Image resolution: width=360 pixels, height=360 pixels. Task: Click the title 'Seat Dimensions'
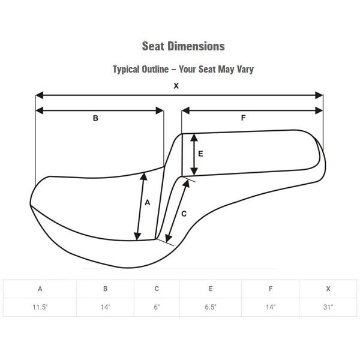click(x=183, y=46)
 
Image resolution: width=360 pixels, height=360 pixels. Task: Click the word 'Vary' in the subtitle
click(x=245, y=70)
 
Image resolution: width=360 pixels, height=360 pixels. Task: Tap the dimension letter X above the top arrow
click(x=176, y=86)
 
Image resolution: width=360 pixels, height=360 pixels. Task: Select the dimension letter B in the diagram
click(x=95, y=118)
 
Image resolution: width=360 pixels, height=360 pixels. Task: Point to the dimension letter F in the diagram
click(x=243, y=118)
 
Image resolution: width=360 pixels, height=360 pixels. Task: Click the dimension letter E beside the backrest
click(x=200, y=154)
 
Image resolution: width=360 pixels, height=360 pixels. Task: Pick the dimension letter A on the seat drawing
click(x=148, y=202)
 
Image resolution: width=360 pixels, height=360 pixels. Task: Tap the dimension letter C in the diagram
click(x=184, y=214)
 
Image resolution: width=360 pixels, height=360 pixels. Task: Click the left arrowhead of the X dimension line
click(x=40, y=95)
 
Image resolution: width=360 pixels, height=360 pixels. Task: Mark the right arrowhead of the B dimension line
click(x=160, y=110)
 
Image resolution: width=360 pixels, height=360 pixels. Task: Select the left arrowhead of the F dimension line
click(x=185, y=110)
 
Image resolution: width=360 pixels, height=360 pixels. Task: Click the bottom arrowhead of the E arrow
click(x=194, y=171)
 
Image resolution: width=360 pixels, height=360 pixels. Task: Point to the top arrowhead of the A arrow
click(x=144, y=176)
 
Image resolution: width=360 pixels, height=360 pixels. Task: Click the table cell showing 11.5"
click(x=40, y=307)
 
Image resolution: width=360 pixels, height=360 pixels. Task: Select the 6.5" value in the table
click(x=211, y=307)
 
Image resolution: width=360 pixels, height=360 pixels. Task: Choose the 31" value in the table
click(x=328, y=307)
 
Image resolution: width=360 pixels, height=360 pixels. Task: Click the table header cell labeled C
click(x=157, y=289)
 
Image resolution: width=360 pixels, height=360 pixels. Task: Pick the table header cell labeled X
click(x=328, y=289)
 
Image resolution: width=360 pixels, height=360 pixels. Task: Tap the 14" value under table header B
click(x=106, y=307)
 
